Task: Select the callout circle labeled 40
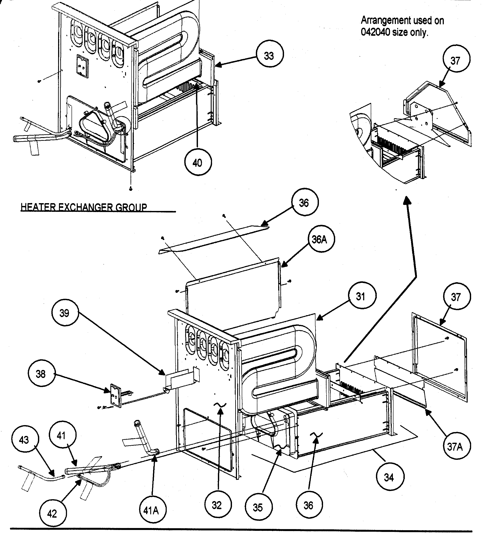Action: click(x=198, y=163)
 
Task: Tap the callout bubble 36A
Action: click(x=321, y=240)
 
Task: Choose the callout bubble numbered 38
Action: click(x=41, y=374)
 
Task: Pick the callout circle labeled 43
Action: click(x=24, y=440)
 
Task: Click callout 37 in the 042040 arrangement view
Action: click(x=456, y=61)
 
